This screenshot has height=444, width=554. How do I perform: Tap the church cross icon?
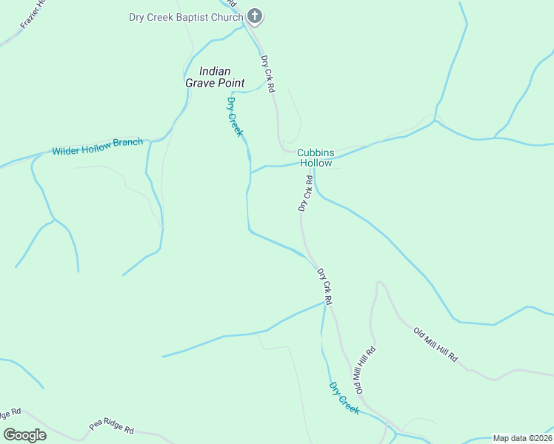[x=254, y=16]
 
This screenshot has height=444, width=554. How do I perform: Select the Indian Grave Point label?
[x=215, y=77]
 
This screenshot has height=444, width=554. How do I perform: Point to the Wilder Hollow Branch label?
[x=97, y=147]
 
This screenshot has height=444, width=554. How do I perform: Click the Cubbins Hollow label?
[x=316, y=158]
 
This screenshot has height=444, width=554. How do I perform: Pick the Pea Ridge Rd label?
[x=111, y=428]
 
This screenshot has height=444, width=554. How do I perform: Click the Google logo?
[x=24, y=435]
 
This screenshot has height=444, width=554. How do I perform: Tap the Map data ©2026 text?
[x=522, y=438]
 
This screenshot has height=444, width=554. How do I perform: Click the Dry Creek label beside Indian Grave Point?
[x=235, y=116]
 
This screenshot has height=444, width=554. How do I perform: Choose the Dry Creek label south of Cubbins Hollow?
[x=344, y=398]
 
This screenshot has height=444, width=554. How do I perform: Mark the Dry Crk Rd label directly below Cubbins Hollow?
[x=307, y=193]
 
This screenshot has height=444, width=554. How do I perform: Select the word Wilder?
[x=65, y=150]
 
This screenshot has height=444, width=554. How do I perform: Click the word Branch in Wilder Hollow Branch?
[x=127, y=143]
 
